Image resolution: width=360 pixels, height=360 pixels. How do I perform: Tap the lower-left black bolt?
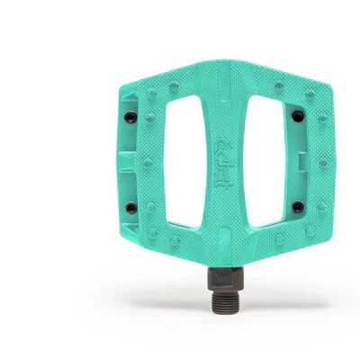(x=131, y=207)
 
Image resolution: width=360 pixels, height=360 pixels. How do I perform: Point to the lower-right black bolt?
(x=297, y=206)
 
